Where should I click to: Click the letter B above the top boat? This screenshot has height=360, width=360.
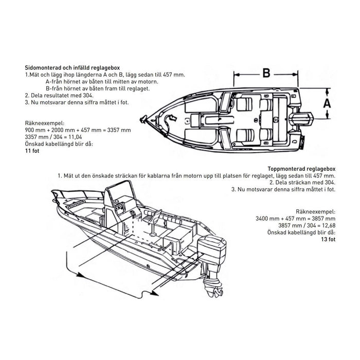tap(266, 73)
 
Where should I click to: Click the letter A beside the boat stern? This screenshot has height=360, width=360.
tap(326, 103)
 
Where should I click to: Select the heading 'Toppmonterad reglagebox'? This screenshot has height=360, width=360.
tap(301, 168)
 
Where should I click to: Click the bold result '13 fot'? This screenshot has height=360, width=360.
tap(327, 239)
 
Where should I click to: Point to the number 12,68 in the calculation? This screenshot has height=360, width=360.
tap(326, 225)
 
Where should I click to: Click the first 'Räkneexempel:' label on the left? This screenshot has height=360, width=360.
tap(42, 123)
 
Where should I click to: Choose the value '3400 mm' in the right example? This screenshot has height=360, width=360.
tap(267, 219)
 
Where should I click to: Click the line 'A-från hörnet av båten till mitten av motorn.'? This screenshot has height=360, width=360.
tap(102, 81)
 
